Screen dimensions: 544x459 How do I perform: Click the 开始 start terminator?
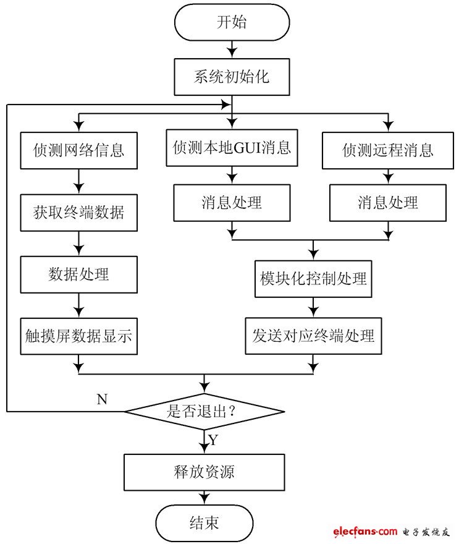[232, 23]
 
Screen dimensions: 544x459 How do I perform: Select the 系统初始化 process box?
[232, 78]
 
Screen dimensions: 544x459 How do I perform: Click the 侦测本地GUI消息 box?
[232, 148]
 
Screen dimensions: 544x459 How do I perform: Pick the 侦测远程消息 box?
[388, 150]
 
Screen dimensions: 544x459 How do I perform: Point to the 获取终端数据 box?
[78, 212]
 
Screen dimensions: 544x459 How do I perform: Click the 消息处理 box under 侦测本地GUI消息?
[232, 202]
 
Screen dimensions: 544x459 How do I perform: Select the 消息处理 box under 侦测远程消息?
[388, 202]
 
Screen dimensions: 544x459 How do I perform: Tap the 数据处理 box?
[78, 274]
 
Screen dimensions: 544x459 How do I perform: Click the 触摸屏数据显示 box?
[78, 336]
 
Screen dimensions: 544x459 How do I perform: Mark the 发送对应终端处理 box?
[313, 336]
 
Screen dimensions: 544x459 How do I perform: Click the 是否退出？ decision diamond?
[204, 411]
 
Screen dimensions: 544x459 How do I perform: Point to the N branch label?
[103, 399]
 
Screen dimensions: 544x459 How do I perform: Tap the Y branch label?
[213, 441]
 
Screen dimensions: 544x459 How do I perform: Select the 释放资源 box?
[204, 473]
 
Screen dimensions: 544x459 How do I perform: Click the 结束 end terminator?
[204, 523]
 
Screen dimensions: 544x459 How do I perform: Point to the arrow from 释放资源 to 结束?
[204, 498]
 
